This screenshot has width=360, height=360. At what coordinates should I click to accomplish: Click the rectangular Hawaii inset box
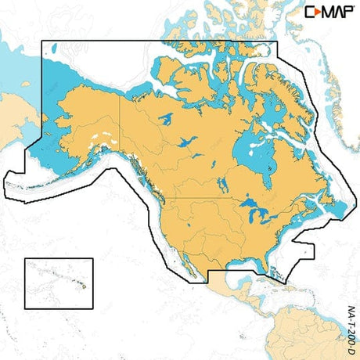(59, 283)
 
